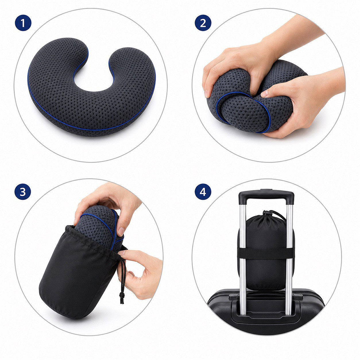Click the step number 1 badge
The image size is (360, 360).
(x=23, y=23)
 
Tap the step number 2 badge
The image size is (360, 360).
(x=203, y=23)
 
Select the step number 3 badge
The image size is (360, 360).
(x=23, y=192)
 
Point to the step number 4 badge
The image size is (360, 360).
(x=203, y=192)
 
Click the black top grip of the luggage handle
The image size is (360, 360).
(x=266, y=194)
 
